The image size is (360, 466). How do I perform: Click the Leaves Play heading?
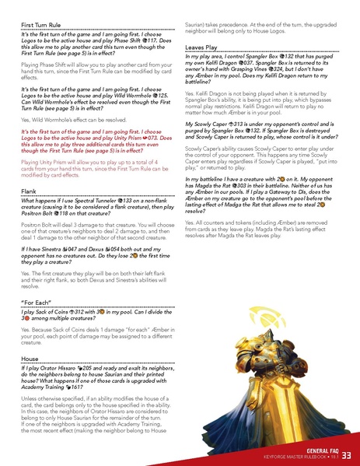201,47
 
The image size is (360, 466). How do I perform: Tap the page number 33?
346,454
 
